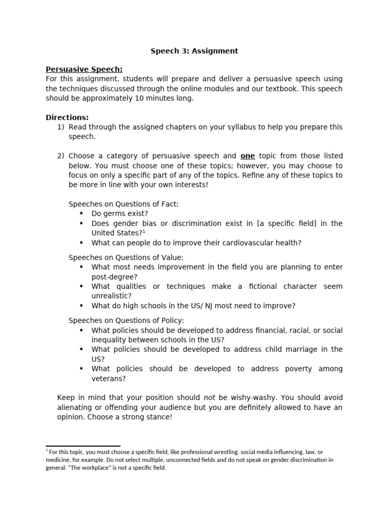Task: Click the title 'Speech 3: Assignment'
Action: point(194,51)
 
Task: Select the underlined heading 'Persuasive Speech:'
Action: point(84,69)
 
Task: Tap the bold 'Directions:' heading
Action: point(67,118)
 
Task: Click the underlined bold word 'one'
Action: point(248,156)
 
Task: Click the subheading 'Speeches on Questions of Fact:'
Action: point(124,204)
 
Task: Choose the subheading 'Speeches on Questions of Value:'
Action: point(126,257)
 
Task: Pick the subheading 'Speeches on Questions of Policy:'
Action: point(127,320)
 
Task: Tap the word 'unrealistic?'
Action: point(111,296)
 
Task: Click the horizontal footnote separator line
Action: point(83,447)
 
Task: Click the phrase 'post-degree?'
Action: point(114,277)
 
